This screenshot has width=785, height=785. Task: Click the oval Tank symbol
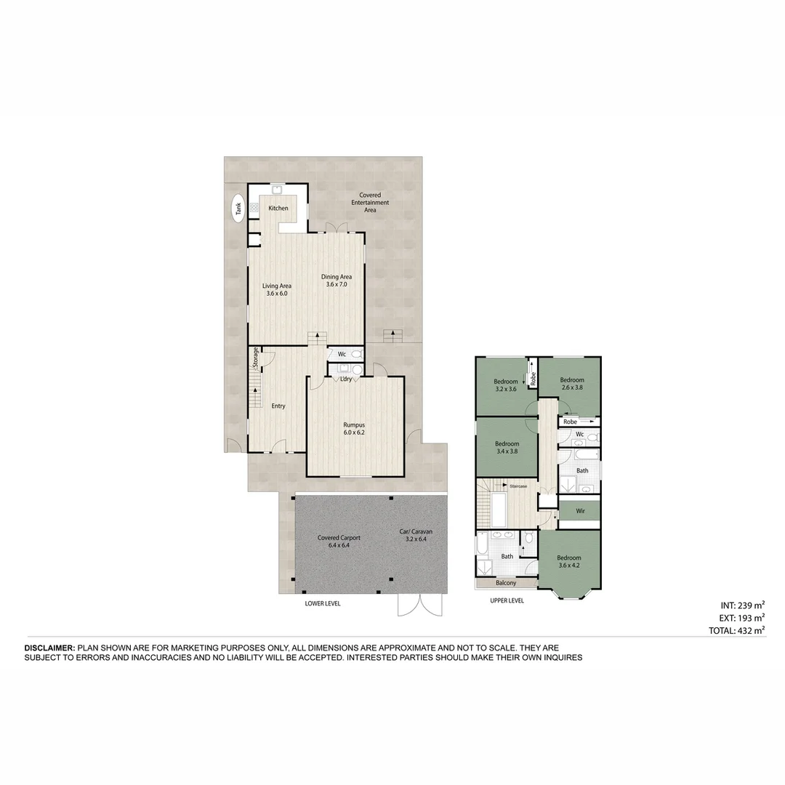pyautogui.click(x=238, y=209)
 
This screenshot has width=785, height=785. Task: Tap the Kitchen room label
pyautogui.click(x=278, y=209)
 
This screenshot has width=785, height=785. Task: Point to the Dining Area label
pyautogui.click(x=337, y=281)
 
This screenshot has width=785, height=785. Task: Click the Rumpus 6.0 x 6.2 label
pyautogui.click(x=354, y=428)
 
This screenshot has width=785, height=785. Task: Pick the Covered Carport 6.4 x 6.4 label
pyautogui.click(x=339, y=542)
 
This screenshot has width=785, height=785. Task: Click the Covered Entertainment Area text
pyautogui.click(x=370, y=202)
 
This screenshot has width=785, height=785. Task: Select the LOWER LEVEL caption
pyautogui.click(x=323, y=603)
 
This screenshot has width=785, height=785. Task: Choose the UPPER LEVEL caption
pyautogui.click(x=507, y=601)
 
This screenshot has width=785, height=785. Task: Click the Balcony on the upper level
pyautogui.click(x=506, y=583)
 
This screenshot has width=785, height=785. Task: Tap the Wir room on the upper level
pyautogui.click(x=580, y=511)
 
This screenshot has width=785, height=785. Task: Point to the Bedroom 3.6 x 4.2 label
pyautogui.click(x=569, y=562)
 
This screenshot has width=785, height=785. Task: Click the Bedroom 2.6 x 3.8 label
pyautogui.click(x=572, y=384)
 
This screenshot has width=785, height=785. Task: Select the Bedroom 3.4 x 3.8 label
pyautogui.click(x=507, y=447)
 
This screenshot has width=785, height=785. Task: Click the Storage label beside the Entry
pyautogui.click(x=256, y=357)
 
